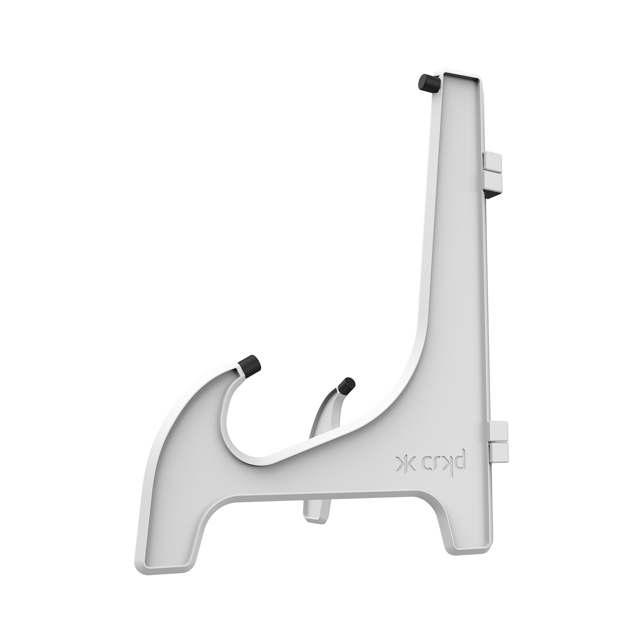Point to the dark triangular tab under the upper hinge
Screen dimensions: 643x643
[492, 195]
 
